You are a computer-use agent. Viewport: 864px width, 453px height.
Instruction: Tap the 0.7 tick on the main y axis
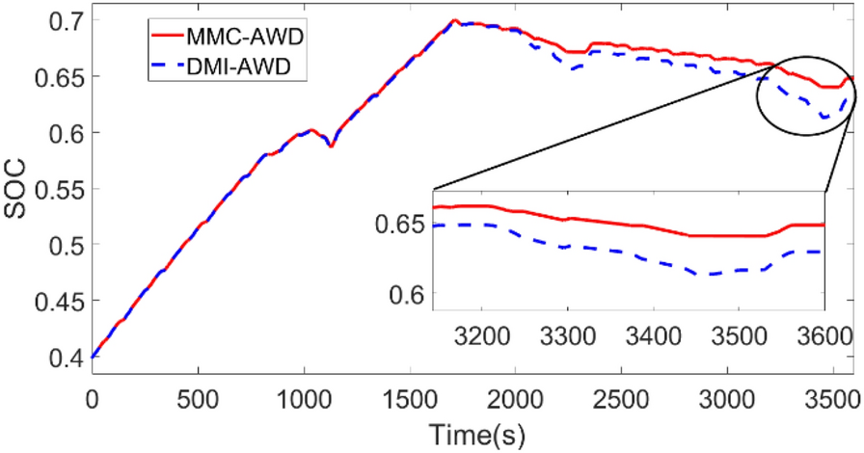pos(65,19)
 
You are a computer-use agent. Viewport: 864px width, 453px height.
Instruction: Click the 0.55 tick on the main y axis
pos(59,189)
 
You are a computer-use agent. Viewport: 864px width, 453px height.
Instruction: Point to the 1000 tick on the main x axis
pos(304,396)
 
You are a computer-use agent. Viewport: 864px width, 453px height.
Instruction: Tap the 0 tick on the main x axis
pos(93,396)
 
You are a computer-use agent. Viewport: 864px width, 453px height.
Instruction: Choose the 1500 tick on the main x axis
pos(410,396)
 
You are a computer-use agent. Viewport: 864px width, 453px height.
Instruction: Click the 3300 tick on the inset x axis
pos(567,337)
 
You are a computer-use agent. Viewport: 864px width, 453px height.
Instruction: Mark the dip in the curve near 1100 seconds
pos(330,146)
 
